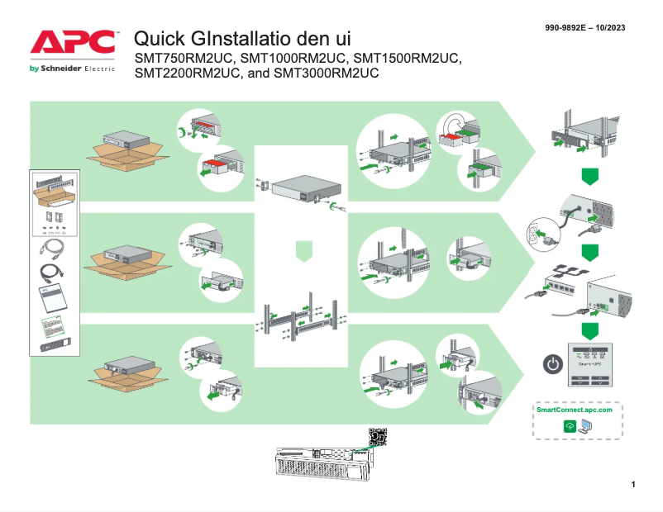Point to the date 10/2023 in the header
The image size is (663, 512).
pos(610,28)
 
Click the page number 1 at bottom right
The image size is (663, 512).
pos(632,483)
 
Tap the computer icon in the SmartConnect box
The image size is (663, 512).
pos(585,426)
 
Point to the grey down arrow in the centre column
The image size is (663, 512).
pos(304,250)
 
